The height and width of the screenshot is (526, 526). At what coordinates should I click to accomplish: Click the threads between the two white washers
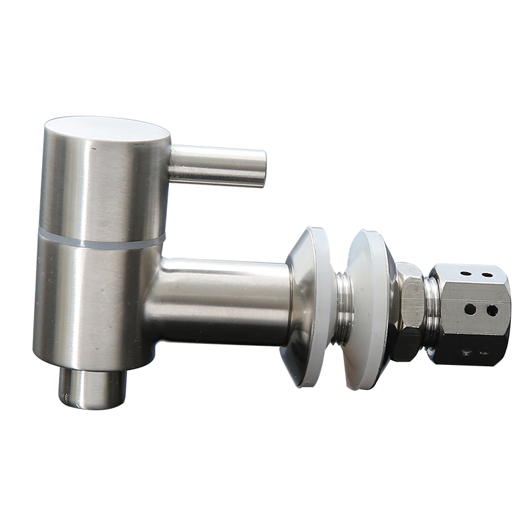click(x=343, y=306)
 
